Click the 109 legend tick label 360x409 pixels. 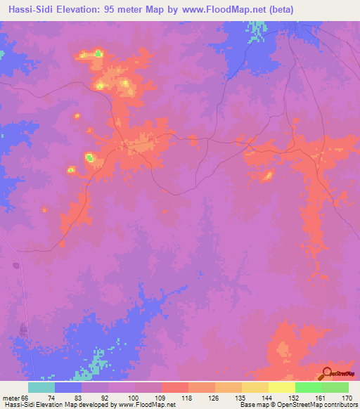[x=161, y=398]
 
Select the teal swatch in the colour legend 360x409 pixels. [x=41, y=387]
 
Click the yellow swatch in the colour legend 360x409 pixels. [x=281, y=387]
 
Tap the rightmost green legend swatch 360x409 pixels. [x=335, y=387]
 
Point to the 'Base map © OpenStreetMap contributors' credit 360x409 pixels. [x=297, y=405]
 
